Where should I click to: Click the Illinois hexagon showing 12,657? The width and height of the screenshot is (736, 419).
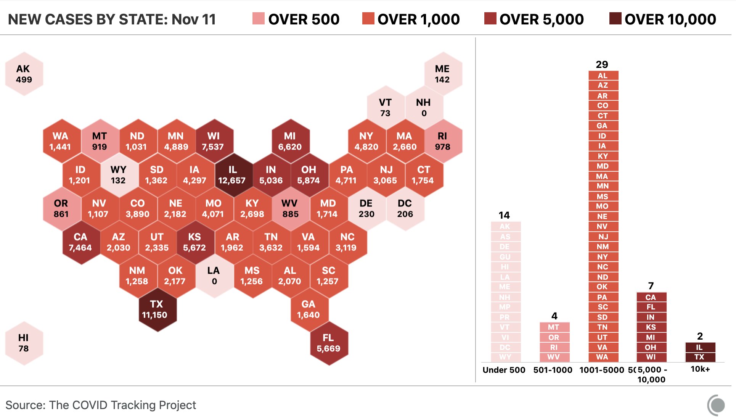click(233, 175)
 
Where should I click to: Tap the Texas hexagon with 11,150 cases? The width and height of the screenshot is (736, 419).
click(157, 309)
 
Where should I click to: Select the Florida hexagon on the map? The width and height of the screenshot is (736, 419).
click(328, 343)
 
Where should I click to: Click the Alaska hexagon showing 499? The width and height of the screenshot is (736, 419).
click(24, 74)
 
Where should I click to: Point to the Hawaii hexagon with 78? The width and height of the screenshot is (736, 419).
click(24, 343)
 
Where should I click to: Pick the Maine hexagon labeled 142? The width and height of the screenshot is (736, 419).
click(442, 74)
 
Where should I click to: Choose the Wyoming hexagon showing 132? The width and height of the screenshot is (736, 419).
click(119, 175)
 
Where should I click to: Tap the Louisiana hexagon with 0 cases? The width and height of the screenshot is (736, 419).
click(214, 276)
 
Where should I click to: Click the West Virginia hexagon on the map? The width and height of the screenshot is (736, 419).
click(290, 209)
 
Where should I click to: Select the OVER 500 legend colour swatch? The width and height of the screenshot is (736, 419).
click(258, 18)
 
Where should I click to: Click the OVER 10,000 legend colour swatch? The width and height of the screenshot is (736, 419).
click(615, 18)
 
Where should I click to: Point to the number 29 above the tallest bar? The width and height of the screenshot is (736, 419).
click(602, 64)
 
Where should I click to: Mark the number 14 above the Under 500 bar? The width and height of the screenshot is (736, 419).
click(504, 215)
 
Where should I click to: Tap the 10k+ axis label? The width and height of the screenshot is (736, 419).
click(700, 369)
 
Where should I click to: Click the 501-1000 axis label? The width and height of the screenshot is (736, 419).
click(553, 370)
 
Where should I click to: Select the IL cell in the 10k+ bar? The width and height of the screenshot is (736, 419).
click(700, 347)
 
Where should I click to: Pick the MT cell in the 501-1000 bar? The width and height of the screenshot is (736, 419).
click(554, 327)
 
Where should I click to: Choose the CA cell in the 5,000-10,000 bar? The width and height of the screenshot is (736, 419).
click(651, 297)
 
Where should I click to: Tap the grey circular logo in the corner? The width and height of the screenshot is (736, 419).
click(717, 405)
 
